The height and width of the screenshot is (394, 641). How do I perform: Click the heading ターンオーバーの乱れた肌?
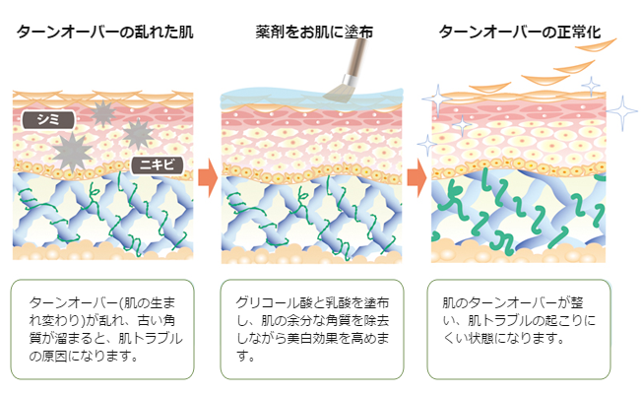(104, 32)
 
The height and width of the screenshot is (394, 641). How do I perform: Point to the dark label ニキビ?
(156, 164)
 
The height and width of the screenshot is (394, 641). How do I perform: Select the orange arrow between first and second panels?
(206, 178)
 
